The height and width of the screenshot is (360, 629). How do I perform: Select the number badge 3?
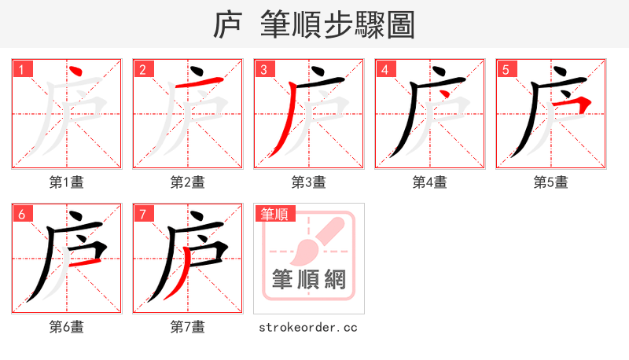[265, 70]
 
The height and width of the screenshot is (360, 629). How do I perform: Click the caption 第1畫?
[67, 182]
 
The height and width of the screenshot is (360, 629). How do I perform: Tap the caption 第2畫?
[188, 182]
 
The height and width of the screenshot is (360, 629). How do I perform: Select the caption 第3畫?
[309, 182]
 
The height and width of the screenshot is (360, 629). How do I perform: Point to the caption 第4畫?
[430, 182]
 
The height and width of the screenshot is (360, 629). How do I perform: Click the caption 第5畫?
[551, 182]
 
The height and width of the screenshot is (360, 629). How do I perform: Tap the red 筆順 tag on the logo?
[274, 214]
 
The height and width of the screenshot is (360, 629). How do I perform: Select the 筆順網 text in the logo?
[309, 280]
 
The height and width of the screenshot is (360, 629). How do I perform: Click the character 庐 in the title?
[227, 24]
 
